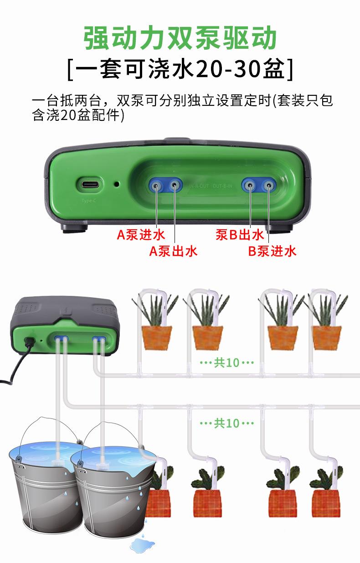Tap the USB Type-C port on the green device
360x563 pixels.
[89, 185]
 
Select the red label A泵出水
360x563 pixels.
[174, 251]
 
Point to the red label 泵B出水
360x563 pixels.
[240, 235]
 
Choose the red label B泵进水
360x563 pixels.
[272, 251]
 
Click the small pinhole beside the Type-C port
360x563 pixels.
[117, 185]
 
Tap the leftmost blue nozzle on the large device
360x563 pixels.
[156, 185]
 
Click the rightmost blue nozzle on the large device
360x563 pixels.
[269, 185]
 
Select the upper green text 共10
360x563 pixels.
[226, 363]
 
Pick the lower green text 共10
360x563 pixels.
[226, 423]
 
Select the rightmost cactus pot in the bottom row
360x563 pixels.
[326, 503]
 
